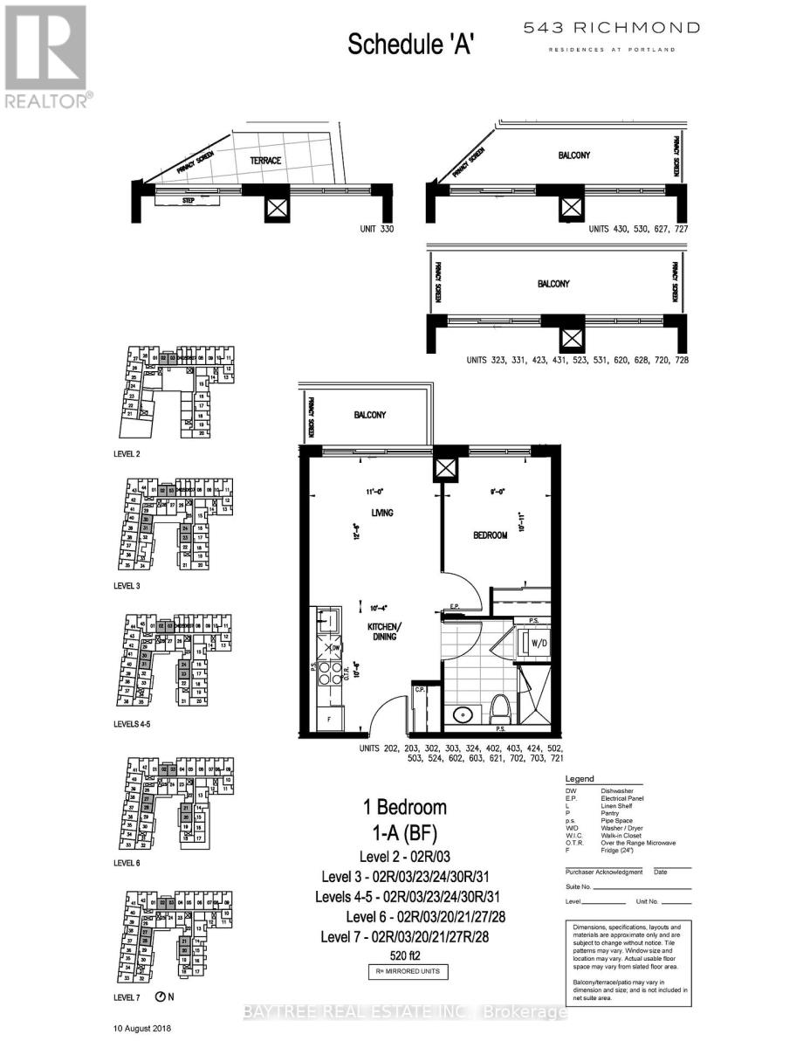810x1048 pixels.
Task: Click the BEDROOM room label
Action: click(490, 535)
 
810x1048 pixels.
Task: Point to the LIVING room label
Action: click(379, 513)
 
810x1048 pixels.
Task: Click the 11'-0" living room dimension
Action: click(377, 492)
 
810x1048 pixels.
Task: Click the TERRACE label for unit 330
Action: click(264, 162)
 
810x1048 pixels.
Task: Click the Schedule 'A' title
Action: click(409, 44)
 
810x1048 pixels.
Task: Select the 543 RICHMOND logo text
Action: click(611, 28)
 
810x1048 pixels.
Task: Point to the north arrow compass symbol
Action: click(160, 997)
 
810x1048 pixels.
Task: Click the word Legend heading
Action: click(580, 779)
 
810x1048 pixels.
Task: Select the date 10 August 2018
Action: click(143, 1029)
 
